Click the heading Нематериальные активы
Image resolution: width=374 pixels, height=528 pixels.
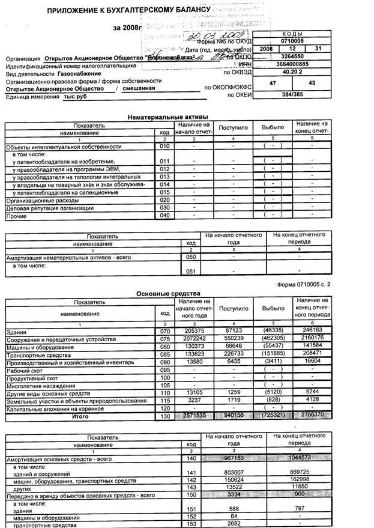point(169,116)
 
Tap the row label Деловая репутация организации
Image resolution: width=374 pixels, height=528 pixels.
point(49,208)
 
